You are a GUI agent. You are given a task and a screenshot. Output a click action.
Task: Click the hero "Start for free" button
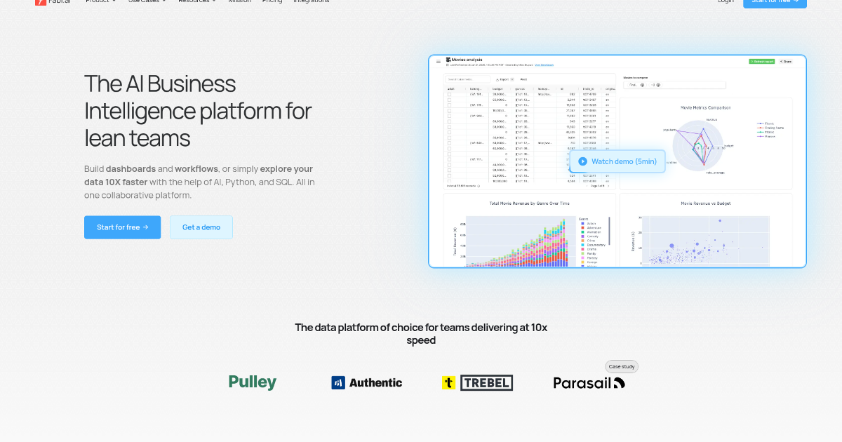(x=122, y=227)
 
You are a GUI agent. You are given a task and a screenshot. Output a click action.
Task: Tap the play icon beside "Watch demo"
(x=582, y=161)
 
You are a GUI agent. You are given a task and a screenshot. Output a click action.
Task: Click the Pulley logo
(x=253, y=382)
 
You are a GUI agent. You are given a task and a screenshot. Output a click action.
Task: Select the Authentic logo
(x=366, y=382)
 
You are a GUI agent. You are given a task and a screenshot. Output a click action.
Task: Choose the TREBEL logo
(x=477, y=382)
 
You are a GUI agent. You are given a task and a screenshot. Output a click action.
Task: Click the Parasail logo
(x=589, y=383)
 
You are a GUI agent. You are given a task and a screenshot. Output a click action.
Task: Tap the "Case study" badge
(x=622, y=366)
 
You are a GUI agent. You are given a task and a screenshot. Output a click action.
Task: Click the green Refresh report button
(x=762, y=62)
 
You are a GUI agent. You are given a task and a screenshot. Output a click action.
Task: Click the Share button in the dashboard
(x=786, y=62)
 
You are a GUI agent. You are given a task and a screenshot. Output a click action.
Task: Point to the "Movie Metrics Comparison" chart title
(x=706, y=107)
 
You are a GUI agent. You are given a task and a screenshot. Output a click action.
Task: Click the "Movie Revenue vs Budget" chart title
(x=706, y=203)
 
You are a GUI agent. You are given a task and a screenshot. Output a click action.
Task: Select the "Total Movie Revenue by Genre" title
(x=530, y=203)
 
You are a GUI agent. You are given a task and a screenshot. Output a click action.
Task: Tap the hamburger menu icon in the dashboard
(x=439, y=62)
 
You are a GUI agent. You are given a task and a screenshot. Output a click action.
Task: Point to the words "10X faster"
(x=126, y=182)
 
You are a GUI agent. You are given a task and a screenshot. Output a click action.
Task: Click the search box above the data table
(x=469, y=80)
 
